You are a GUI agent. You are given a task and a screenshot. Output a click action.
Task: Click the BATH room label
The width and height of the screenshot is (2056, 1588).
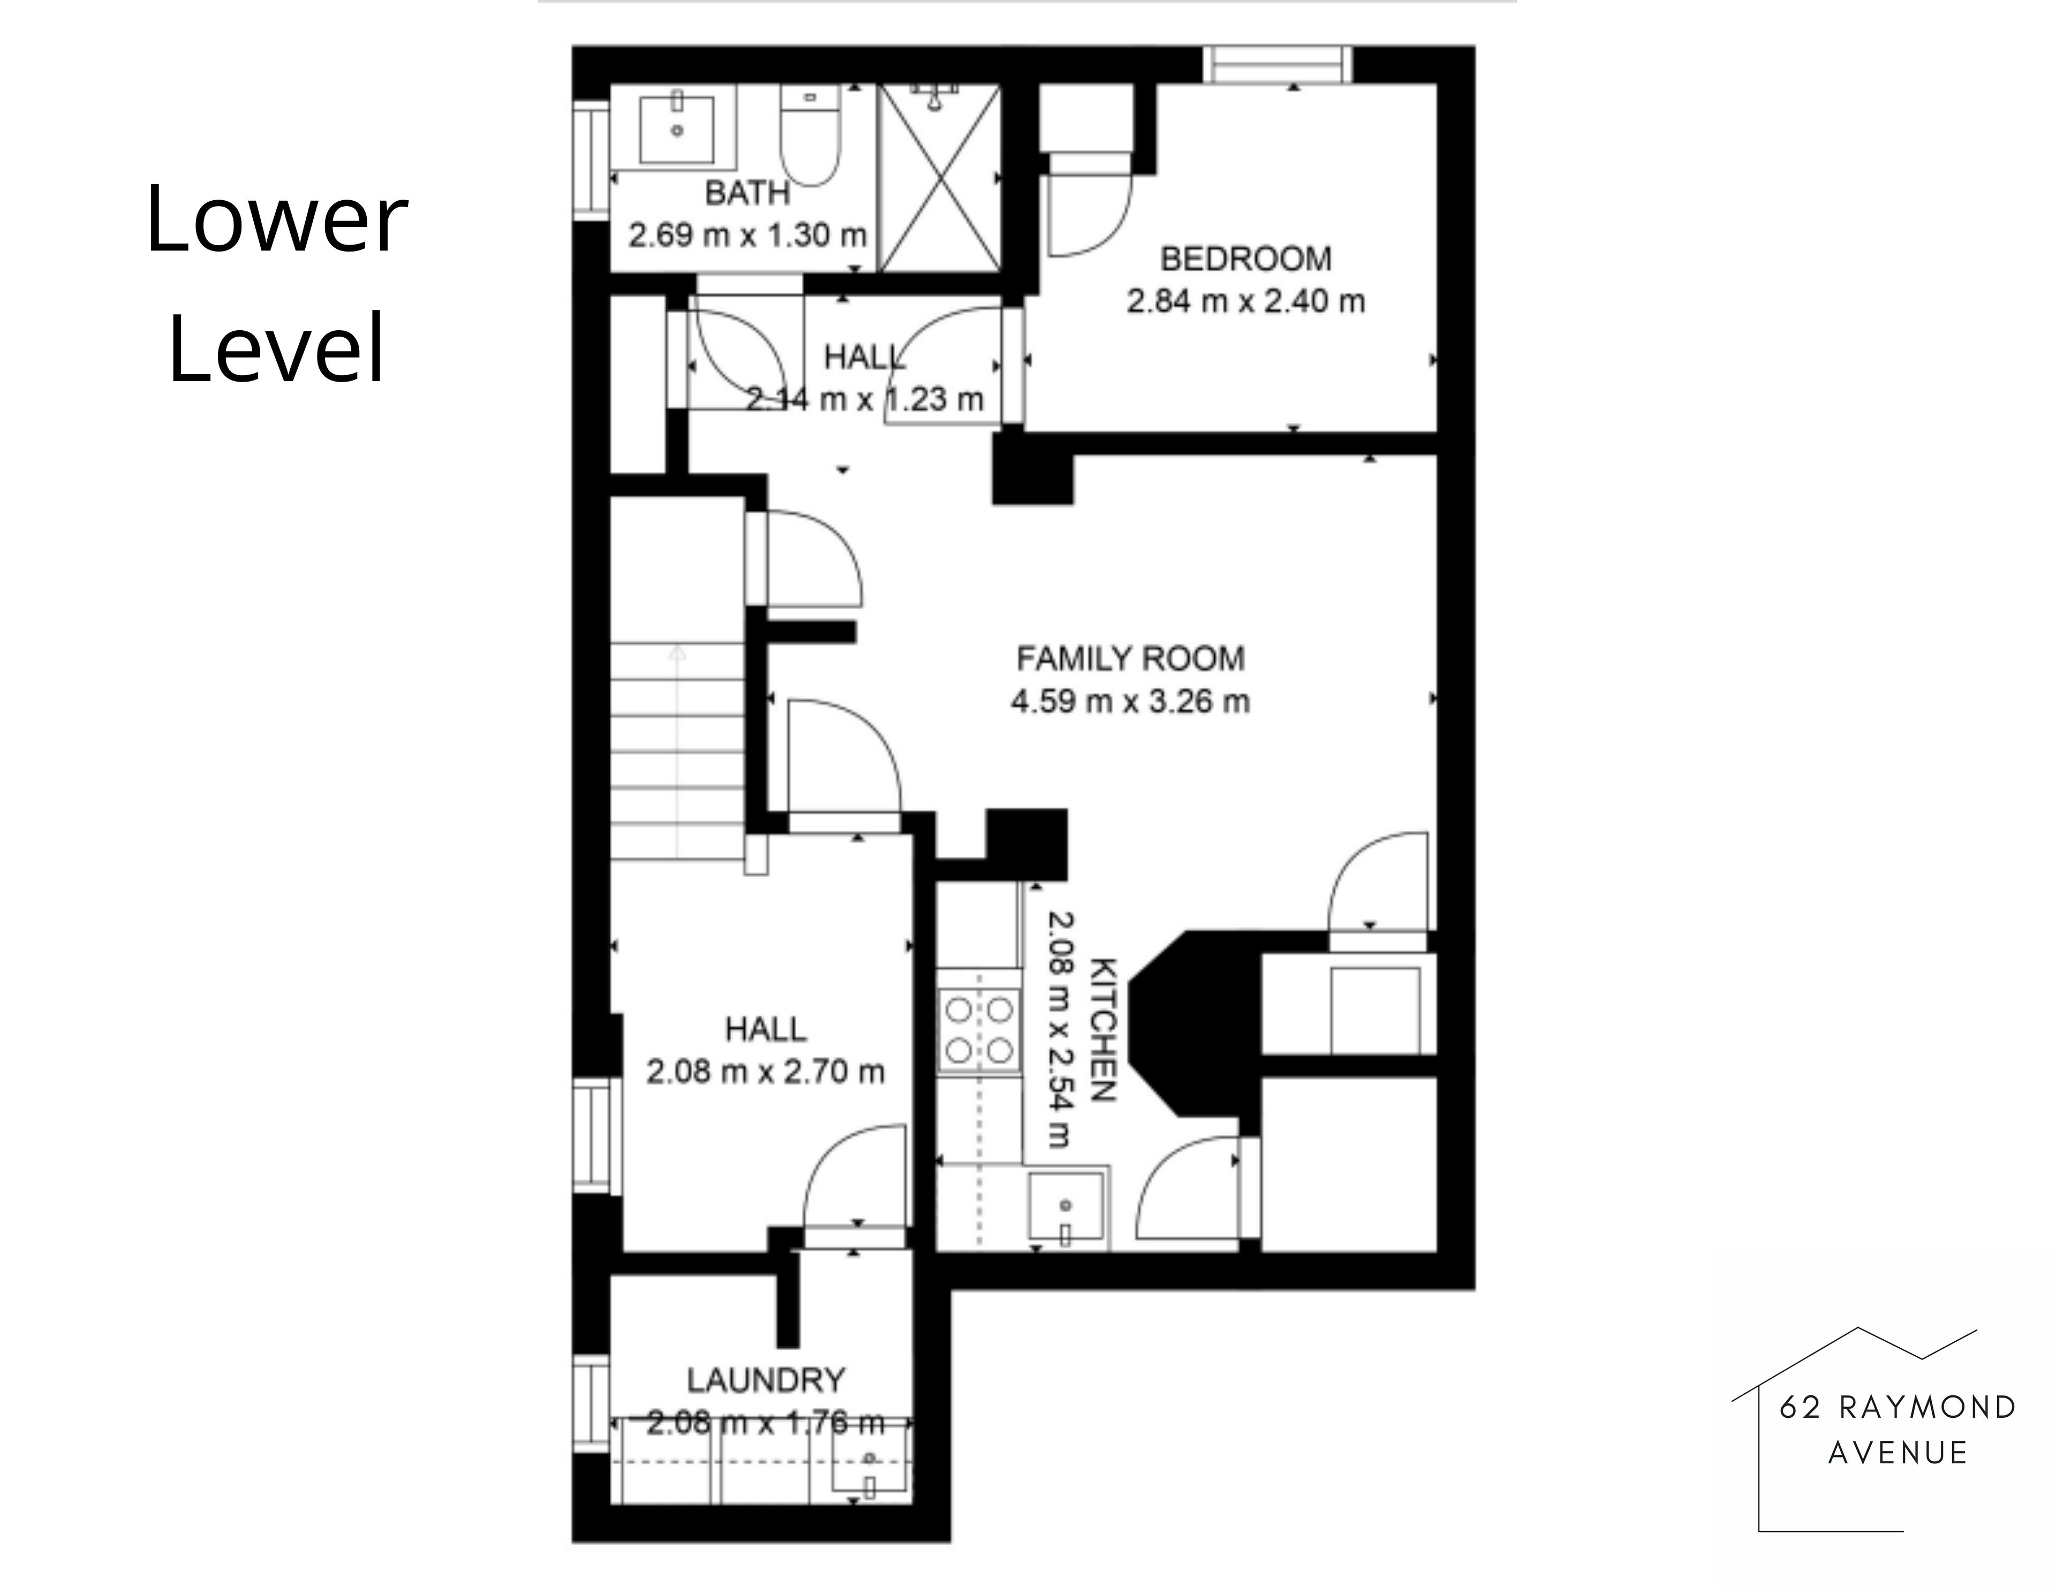(747, 193)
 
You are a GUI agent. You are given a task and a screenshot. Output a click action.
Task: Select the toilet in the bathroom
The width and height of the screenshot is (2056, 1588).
(810, 135)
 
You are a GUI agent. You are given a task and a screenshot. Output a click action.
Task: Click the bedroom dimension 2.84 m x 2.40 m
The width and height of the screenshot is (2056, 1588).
(1245, 301)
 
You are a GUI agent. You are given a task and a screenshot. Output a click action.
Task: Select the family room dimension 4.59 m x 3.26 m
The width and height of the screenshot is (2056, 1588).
(1131, 701)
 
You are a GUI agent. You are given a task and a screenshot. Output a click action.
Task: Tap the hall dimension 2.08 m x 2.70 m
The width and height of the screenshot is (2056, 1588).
(765, 1071)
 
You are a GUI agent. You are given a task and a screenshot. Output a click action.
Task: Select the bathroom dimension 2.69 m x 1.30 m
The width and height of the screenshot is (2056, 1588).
(747, 235)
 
